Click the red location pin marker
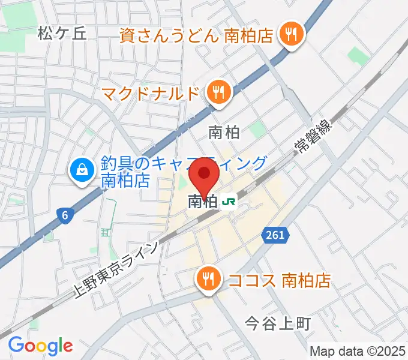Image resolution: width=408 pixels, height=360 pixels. pos(205,177)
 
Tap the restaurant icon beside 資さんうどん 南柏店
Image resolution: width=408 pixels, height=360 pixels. pos(292,34)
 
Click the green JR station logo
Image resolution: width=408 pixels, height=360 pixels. pos(229,202)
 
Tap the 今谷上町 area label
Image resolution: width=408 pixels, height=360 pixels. pos(278,324)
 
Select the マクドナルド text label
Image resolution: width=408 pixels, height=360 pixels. pos(149,94)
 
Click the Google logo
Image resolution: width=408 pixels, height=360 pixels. pos(40,346)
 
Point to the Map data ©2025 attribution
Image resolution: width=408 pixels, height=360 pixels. pos(358,350)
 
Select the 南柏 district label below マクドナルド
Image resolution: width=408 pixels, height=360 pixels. pos(224,132)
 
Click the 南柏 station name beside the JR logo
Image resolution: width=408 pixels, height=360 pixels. pos(202,202)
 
